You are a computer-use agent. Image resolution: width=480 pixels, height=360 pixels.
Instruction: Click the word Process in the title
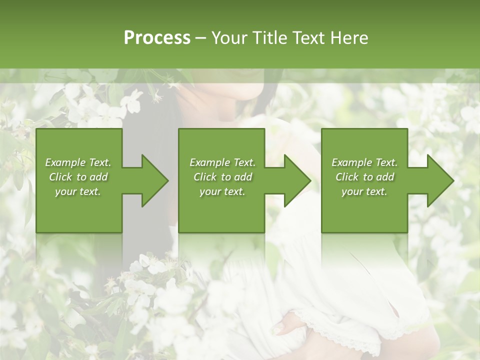[157, 38]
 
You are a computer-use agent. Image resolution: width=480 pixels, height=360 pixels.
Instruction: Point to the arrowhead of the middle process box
[296, 180]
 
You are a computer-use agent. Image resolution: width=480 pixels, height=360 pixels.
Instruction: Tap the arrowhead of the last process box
[439, 180]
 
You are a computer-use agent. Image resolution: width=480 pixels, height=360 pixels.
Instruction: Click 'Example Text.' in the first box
[78, 162]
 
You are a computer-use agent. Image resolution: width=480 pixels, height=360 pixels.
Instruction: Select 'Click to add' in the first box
[78, 177]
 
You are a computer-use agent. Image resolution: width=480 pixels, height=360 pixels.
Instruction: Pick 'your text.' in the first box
[78, 191]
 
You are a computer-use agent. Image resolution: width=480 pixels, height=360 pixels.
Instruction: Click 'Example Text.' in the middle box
[222, 162]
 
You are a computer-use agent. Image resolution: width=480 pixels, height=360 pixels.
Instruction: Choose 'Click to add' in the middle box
[222, 177]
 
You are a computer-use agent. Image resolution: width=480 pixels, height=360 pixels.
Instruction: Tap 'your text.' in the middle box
[222, 191]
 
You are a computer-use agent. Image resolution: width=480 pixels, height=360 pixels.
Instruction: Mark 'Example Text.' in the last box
[364, 162]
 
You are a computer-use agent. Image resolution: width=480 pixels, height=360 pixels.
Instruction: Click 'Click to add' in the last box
[364, 177]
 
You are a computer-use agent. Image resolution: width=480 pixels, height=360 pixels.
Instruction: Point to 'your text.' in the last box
[364, 191]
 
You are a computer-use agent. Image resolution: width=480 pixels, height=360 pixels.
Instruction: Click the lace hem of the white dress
[350, 335]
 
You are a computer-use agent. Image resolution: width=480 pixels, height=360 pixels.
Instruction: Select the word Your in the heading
[229, 38]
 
